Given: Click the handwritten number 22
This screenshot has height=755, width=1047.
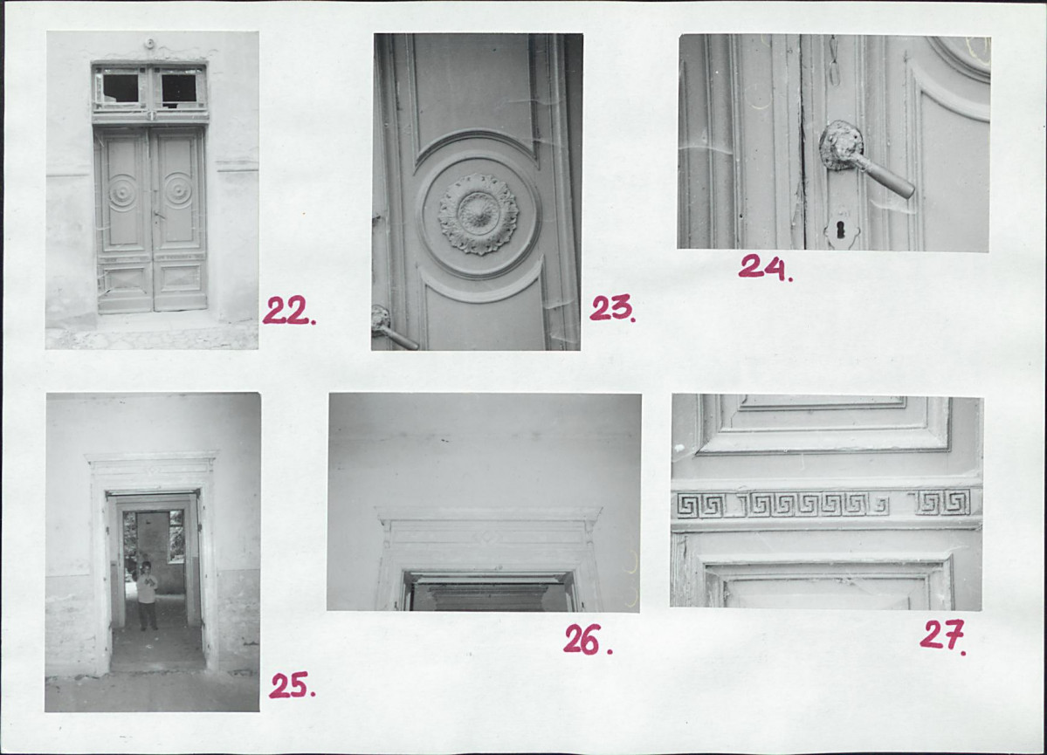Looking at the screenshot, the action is (x=289, y=311).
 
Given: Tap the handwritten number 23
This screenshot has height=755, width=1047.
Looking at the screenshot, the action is (x=612, y=308).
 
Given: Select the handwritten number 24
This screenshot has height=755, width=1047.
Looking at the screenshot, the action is (x=765, y=267).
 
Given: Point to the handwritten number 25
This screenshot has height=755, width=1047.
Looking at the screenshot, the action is (x=292, y=685).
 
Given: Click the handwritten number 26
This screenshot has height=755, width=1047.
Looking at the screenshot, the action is (x=588, y=640).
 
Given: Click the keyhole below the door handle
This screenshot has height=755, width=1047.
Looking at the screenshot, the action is (x=841, y=230).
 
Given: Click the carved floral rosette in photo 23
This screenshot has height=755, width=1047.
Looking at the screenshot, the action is (x=479, y=214).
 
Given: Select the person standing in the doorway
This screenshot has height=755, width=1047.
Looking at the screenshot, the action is (x=147, y=595).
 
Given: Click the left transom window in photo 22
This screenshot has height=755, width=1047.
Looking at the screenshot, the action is (x=121, y=87).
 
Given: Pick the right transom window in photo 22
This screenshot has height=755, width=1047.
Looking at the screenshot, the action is (x=179, y=88).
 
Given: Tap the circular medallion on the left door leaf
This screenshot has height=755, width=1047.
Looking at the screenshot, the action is (x=123, y=192).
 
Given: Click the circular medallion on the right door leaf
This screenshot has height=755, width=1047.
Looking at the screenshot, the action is (x=178, y=190).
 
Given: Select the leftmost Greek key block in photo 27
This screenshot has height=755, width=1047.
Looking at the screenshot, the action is (x=700, y=505).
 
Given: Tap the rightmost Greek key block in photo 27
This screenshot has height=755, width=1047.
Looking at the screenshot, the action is (x=943, y=502).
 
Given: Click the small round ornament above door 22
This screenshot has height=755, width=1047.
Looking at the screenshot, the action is (x=149, y=44).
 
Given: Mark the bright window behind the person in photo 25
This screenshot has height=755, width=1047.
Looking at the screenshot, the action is (x=177, y=536).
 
